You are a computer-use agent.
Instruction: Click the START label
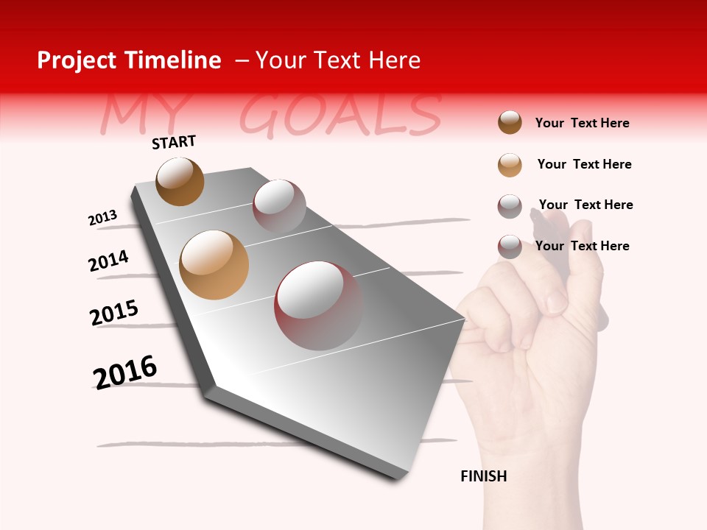click(x=174, y=142)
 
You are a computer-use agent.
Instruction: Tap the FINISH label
click(x=483, y=476)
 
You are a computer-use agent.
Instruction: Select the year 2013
click(x=102, y=218)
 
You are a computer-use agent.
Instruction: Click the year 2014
click(x=108, y=261)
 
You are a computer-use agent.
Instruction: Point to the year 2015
click(x=113, y=313)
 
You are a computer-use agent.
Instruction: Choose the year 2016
click(x=125, y=372)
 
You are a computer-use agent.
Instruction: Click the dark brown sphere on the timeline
click(x=180, y=181)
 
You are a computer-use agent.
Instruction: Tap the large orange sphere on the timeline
click(x=214, y=265)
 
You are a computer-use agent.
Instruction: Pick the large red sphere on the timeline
click(x=318, y=305)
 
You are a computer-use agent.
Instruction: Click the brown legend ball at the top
click(x=510, y=122)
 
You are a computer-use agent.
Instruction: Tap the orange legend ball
click(x=510, y=164)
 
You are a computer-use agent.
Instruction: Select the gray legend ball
click(x=510, y=205)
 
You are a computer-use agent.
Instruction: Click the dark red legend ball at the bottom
click(x=510, y=247)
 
